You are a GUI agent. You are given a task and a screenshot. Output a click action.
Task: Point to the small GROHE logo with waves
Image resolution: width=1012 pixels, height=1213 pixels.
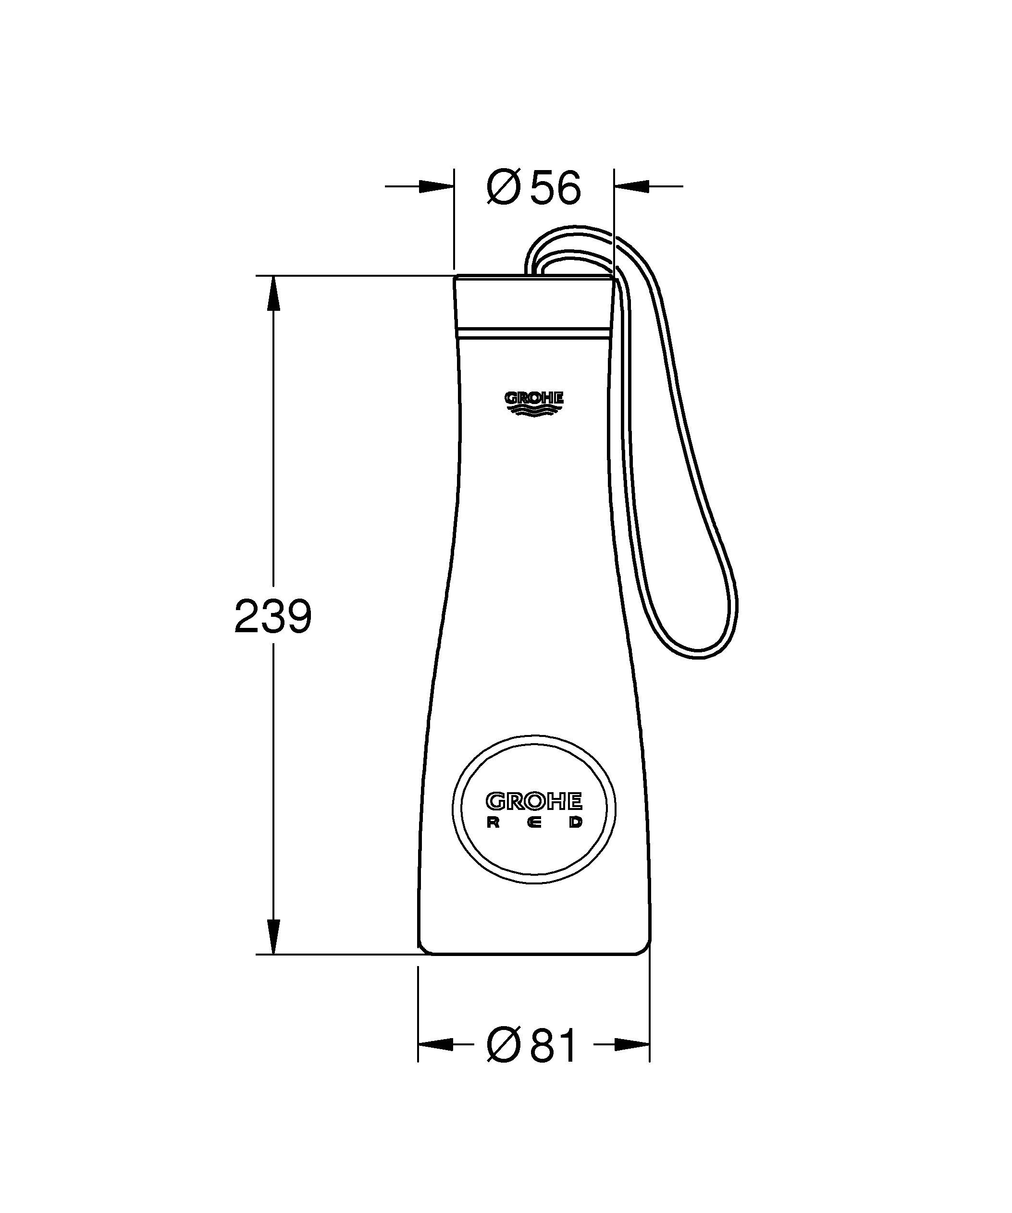click(534, 403)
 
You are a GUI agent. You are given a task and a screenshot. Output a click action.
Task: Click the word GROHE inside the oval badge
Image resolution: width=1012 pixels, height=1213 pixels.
click(534, 801)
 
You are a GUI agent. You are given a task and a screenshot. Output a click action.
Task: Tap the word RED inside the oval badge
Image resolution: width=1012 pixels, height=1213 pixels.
click(534, 823)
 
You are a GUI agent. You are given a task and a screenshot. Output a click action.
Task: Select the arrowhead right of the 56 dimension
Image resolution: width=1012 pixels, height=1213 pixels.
click(632, 186)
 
